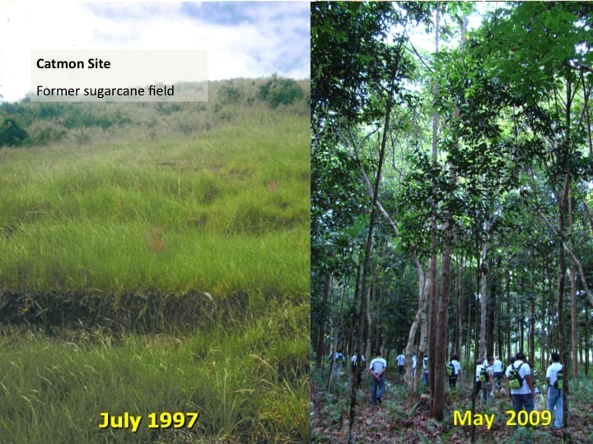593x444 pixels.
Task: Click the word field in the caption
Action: [161, 90]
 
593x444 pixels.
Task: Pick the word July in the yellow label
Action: [121, 421]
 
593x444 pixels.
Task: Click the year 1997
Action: [172, 421]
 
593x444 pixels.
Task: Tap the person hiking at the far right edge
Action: [556, 391]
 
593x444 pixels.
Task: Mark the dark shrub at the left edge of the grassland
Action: [12, 132]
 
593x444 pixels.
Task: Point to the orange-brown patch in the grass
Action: [154, 240]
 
